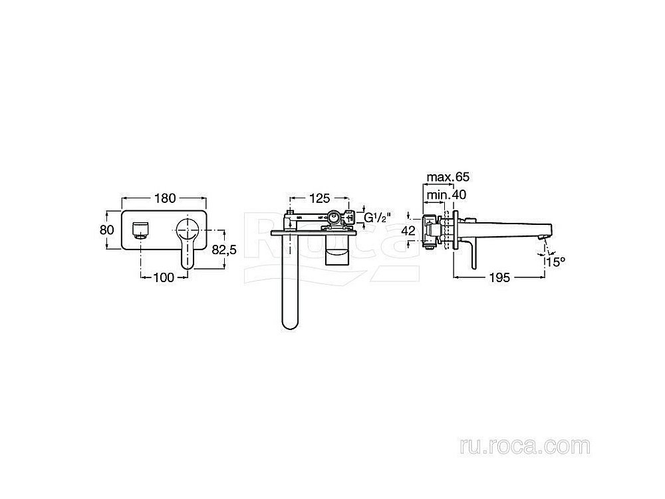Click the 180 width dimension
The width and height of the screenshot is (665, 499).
pyautogui.click(x=165, y=198)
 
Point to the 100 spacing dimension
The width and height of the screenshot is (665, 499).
pyautogui.click(x=164, y=277)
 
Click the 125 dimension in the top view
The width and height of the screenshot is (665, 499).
pyautogui.click(x=319, y=198)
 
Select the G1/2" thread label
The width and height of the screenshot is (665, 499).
pyautogui.click(x=377, y=218)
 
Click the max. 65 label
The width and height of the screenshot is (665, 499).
pyautogui.click(x=449, y=177)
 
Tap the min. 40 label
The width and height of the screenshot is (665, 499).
pyautogui.click(x=446, y=194)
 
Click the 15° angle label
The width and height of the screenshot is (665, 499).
pyautogui.click(x=555, y=261)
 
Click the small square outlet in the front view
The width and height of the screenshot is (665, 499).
pyautogui.click(x=140, y=230)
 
